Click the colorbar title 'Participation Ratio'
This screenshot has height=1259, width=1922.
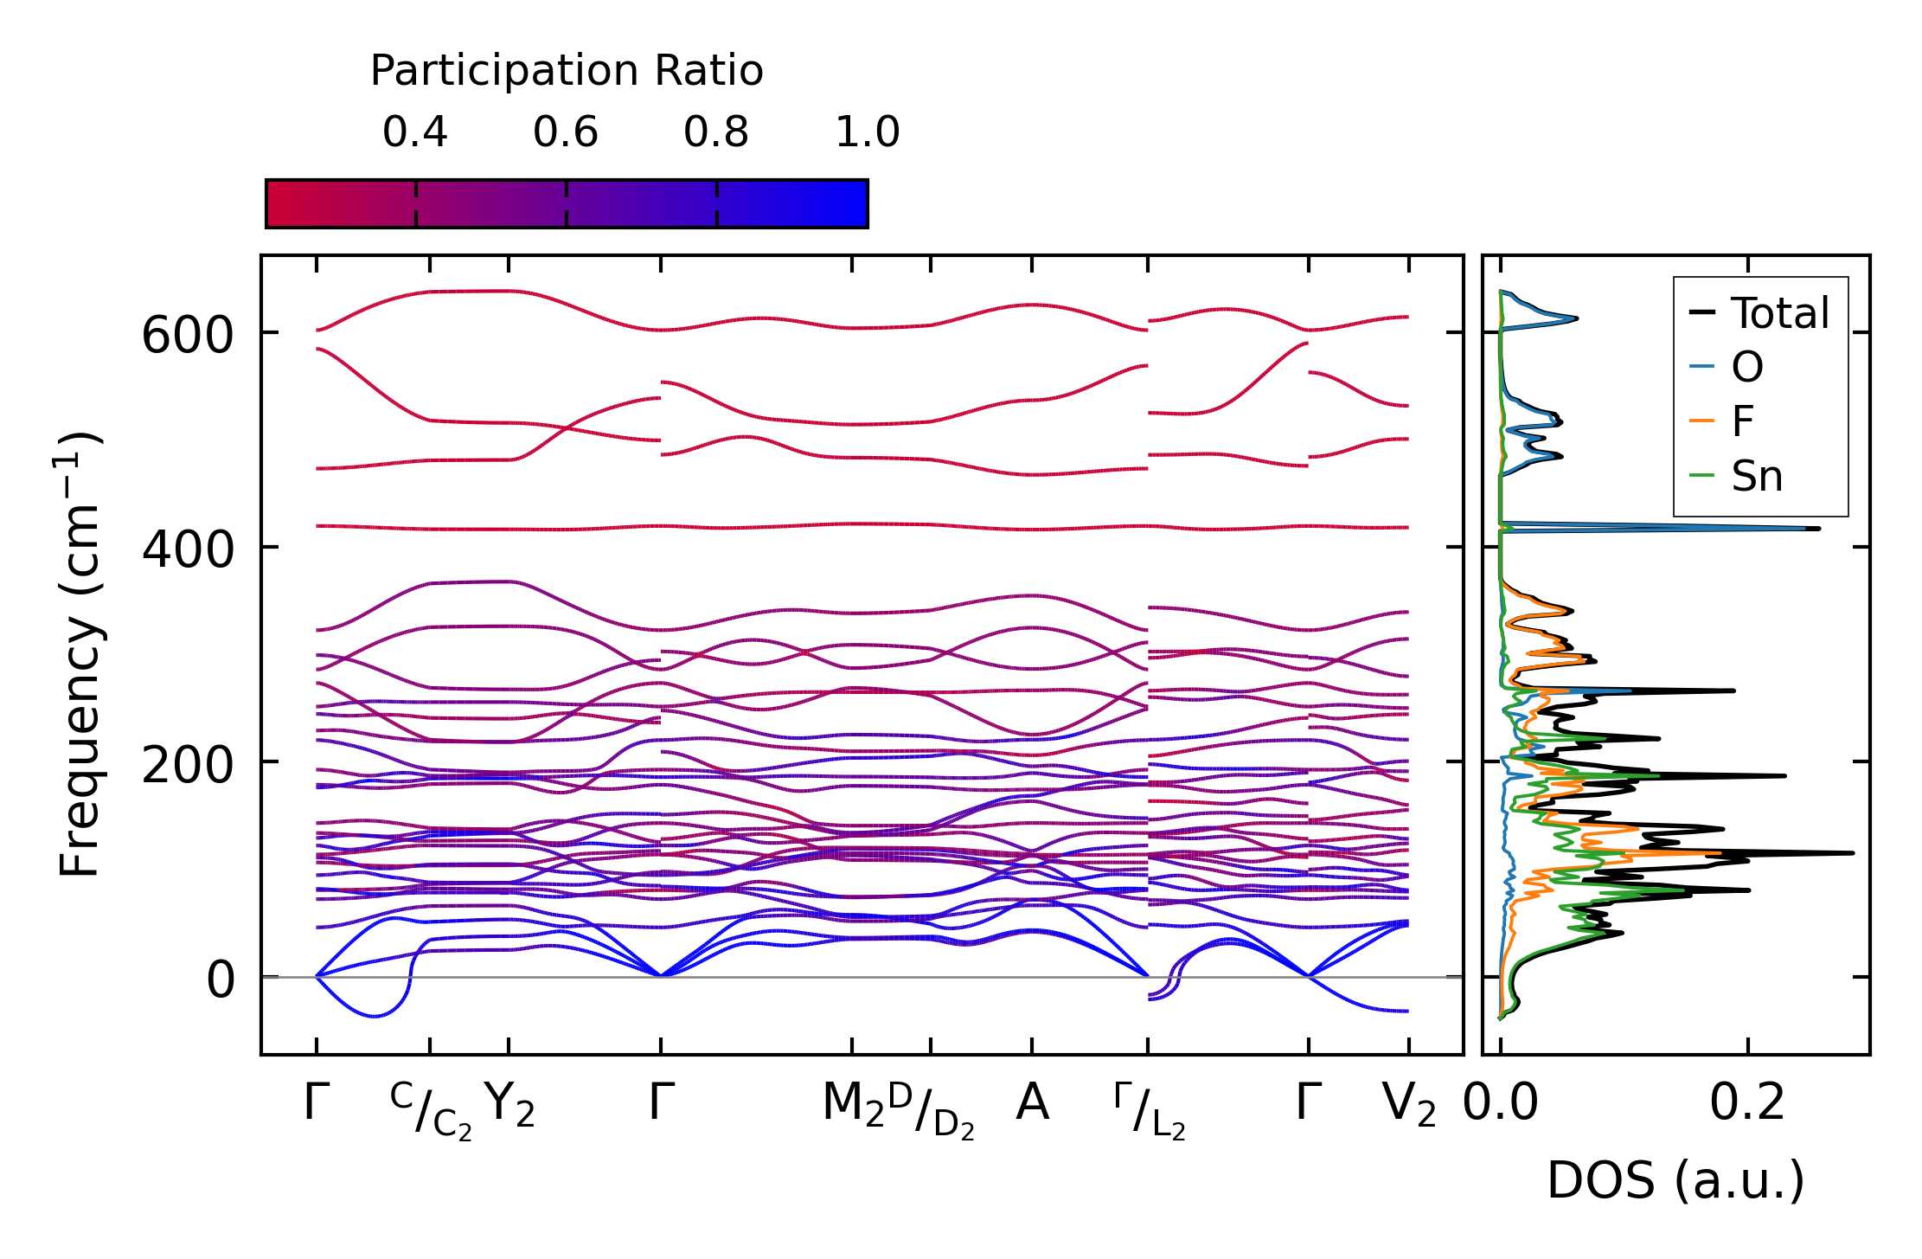[567, 71]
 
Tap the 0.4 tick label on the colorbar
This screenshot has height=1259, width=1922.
[415, 132]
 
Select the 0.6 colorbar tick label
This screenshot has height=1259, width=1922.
[566, 132]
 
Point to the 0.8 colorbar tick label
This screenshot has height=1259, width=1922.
[716, 132]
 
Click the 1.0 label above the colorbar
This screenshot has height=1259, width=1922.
[868, 132]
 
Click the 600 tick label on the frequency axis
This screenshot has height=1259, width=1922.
[188, 335]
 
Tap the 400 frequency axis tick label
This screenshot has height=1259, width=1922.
[188, 549]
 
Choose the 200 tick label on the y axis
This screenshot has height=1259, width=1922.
[188, 764]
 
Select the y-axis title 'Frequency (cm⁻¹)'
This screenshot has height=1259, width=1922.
[80, 654]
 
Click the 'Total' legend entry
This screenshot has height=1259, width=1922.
[1779, 312]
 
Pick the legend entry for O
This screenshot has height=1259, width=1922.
[1746, 367]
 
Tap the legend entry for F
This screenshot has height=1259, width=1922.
[1742, 421]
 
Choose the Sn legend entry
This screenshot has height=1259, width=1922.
[1757, 476]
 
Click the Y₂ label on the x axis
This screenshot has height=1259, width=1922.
[509, 1105]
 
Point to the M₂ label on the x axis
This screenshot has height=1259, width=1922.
[853, 1105]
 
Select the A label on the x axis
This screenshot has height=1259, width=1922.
[1032, 1103]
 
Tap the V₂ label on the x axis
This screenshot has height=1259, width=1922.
[1409, 1105]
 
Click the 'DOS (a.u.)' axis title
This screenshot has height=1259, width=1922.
[1675, 1180]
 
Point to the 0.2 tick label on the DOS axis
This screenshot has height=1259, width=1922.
[1747, 1103]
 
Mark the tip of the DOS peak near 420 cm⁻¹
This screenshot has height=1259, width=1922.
[1819, 528]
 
